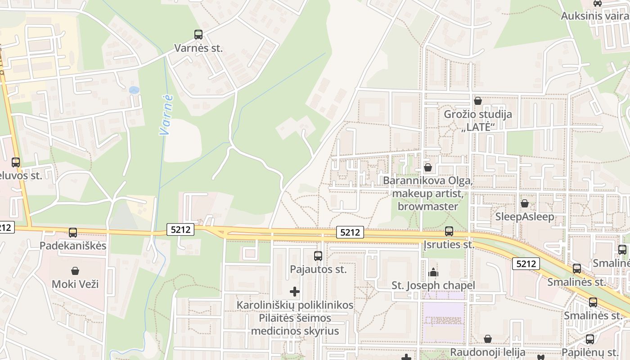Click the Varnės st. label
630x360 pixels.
click(198, 48)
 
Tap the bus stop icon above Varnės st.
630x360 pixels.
click(198, 34)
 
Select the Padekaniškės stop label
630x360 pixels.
click(73, 246)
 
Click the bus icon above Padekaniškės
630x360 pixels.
click(73, 233)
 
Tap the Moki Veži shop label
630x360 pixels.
click(75, 284)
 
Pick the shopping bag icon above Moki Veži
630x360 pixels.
click(75, 271)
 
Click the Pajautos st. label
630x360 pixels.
click(318, 269)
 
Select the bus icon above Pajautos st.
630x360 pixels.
click(318, 256)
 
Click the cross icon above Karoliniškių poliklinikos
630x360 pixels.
click(295, 292)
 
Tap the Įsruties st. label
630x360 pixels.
click(449, 245)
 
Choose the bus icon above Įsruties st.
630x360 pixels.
click(449, 231)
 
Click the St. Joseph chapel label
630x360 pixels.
click(433, 285)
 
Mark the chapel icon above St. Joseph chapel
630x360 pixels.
click(433, 272)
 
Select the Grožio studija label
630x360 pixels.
click(478, 114)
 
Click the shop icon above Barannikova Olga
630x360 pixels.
click(428, 167)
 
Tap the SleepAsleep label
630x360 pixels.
click(525, 217)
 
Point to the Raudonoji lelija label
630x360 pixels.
click(488, 352)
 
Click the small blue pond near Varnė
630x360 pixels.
click(134, 90)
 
